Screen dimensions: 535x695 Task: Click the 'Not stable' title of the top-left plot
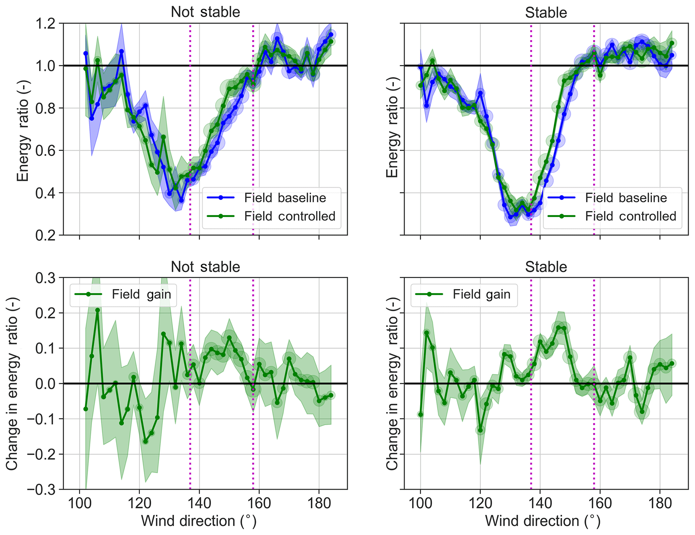(205, 12)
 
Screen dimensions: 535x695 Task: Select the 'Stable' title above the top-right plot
(546, 13)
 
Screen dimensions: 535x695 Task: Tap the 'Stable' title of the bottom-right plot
(546, 267)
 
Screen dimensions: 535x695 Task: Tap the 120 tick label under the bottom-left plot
(139, 504)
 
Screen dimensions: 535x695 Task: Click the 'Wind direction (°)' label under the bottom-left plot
(199, 521)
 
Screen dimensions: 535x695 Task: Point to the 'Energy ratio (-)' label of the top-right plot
(392, 128)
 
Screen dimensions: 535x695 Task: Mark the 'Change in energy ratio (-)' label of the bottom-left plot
(12, 383)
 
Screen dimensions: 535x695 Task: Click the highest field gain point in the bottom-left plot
(98, 310)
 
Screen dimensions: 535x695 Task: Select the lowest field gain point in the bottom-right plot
(480, 430)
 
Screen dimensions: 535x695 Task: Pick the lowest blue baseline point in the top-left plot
(181, 200)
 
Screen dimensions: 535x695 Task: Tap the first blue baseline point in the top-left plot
(85, 53)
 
